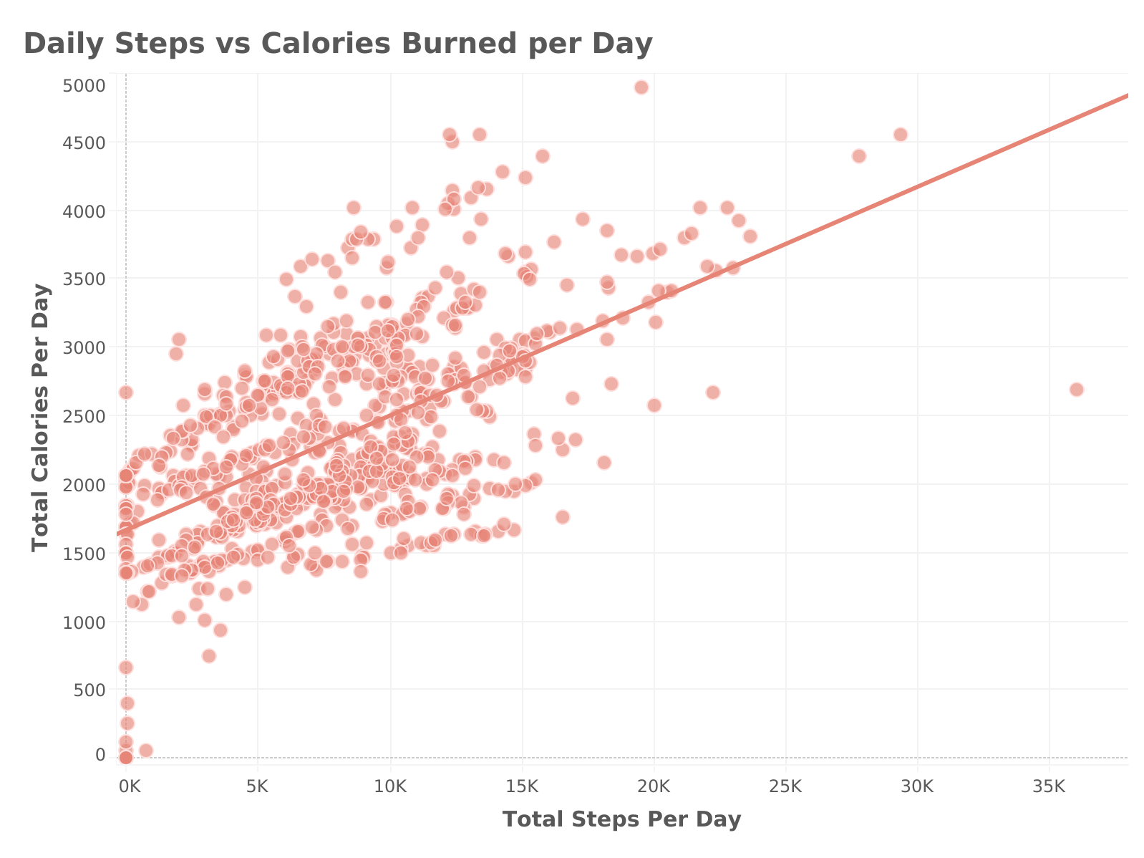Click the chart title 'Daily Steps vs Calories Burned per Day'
tap(338, 43)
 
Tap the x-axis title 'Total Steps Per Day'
tap(621, 819)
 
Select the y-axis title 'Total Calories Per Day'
tap(41, 418)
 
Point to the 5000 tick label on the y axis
tap(84, 85)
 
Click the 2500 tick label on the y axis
tap(84, 416)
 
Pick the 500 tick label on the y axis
tap(89, 690)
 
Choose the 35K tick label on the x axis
tap(1049, 786)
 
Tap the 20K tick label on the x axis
tap(654, 786)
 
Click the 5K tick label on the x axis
tap(258, 786)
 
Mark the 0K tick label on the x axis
tap(130, 786)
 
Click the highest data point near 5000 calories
tap(641, 87)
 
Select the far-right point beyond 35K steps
tap(1076, 390)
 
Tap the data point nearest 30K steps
tap(900, 135)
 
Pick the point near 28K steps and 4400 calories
tap(859, 156)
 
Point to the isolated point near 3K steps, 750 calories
tap(209, 656)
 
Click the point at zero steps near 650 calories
tap(125, 667)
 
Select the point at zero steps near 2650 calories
tap(125, 392)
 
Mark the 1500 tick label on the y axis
tap(84, 554)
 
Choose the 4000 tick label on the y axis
tap(84, 211)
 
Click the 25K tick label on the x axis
tap(785, 786)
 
